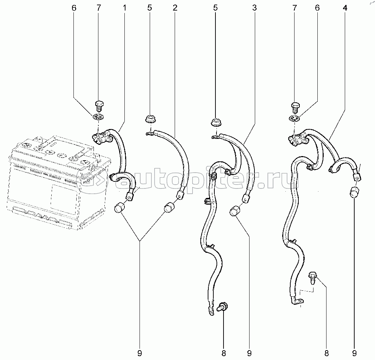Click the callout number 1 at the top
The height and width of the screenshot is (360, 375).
[124, 8]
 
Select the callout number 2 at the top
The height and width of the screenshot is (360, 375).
[175, 8]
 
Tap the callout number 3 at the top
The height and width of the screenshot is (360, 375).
[254, 8]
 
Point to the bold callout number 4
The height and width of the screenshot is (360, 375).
[345, 8]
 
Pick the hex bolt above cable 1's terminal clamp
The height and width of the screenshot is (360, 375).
[99, 105]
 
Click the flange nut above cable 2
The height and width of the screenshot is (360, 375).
[150, 119]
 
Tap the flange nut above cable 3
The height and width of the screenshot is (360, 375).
[216, 122]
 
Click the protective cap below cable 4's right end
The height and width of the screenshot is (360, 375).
[355, 192]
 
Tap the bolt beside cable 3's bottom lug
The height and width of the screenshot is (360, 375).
[222, 307]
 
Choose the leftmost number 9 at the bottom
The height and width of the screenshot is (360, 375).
[140, 353]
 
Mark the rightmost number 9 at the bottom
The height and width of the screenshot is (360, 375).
[354, 353]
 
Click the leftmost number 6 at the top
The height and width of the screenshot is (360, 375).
[74, 8]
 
